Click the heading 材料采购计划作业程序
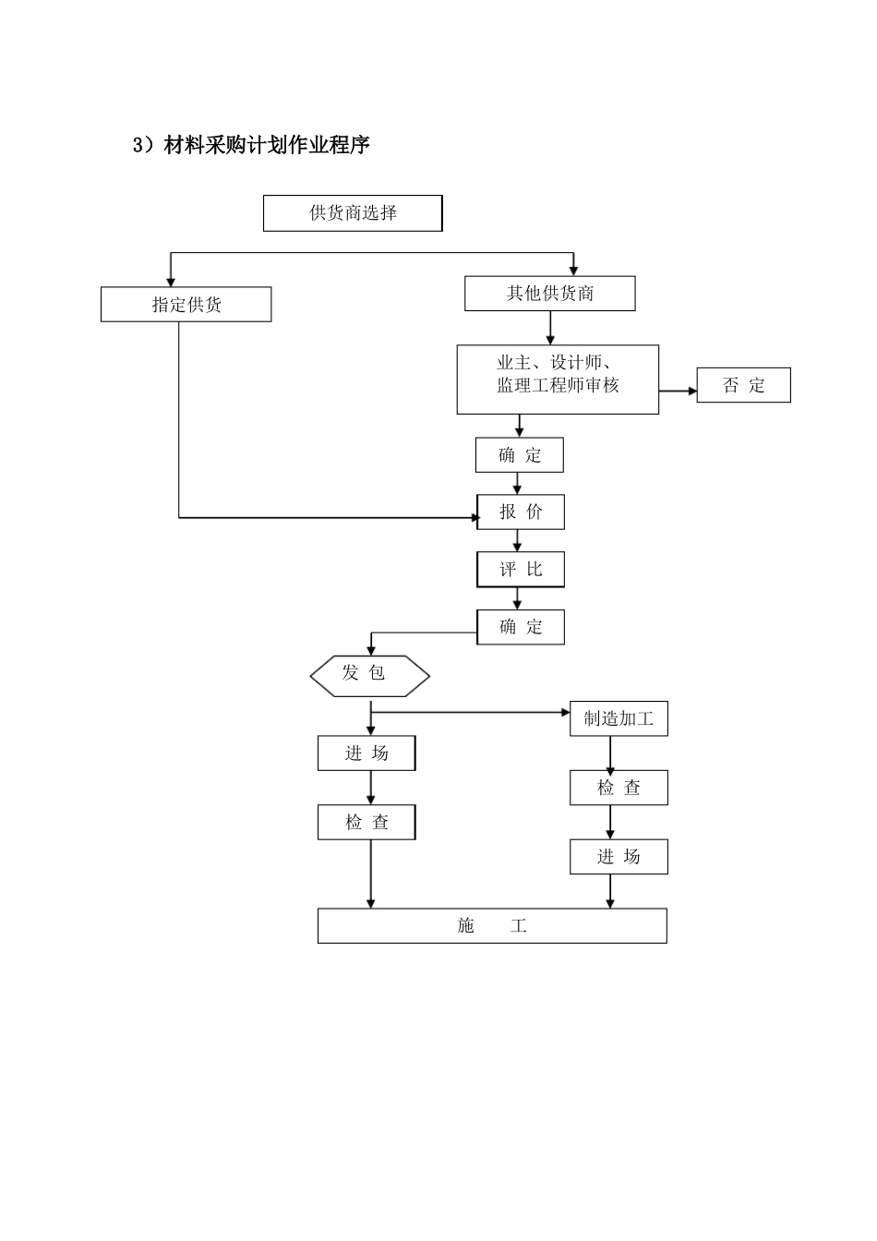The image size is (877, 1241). click(251, 145)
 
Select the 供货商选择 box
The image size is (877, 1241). click(353, 213)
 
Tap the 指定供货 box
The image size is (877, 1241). click(186, 305)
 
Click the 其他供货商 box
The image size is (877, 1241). click(550, 294)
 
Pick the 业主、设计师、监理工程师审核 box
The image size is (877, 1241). click(558, 380)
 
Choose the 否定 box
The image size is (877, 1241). click(743, 385)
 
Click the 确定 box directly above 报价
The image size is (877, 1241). click(520, 454)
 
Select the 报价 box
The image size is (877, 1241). click(521, 512)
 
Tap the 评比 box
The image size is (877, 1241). click(521, 570)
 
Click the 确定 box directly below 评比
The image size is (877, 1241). click(521, 627)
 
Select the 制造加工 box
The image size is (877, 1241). click(619, 718)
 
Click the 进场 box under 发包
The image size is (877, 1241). click(366, 753)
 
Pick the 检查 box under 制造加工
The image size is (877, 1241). click(619, 788)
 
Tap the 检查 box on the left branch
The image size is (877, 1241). click(366, 823)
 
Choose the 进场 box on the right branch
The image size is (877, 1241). click(619, 857)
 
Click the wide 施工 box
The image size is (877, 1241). click(492, 925)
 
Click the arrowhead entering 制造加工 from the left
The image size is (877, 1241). click(565, 712)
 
